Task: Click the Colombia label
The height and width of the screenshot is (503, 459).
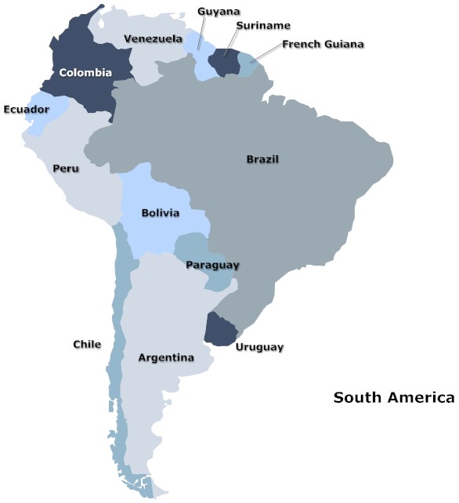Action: [86, 73]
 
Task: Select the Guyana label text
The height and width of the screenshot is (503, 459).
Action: [219, 11]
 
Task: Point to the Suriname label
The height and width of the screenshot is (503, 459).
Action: [262, 26]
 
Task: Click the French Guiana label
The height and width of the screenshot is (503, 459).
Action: [323, 44]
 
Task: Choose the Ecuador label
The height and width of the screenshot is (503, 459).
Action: [26, 110]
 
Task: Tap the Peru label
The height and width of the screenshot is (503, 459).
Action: [65, 168]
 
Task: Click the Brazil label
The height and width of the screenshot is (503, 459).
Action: [262, 159]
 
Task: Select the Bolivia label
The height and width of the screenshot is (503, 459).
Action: [161, 213]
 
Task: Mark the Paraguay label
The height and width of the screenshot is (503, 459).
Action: [212, 265]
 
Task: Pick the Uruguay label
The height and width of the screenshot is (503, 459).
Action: [259, 347]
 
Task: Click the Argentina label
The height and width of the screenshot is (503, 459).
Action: [166, 358]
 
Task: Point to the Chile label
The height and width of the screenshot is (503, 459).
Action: [87, 344]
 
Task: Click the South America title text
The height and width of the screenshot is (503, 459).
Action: [393, 398]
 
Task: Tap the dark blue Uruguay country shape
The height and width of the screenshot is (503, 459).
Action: [219, 329]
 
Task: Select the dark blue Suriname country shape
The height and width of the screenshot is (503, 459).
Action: [224, 63]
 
